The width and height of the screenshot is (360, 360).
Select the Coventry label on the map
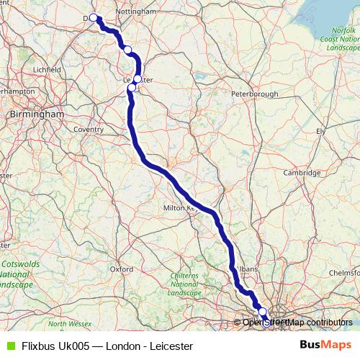click(x=89, y=130)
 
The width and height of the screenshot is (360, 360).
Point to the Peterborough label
click(x=255, y=94)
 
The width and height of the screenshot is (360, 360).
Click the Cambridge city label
click(x=302, y=173)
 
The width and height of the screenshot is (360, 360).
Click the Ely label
click(x=321, y=131)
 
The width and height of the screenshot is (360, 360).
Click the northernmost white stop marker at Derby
click(x=93, y=17)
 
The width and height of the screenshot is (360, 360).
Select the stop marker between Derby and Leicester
click(x=127, y=50)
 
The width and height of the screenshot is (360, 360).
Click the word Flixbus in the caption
click(x=39, y=346)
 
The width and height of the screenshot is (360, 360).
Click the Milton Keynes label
click(x=181, y=207)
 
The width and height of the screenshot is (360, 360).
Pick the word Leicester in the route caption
click(x=171, y=346)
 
